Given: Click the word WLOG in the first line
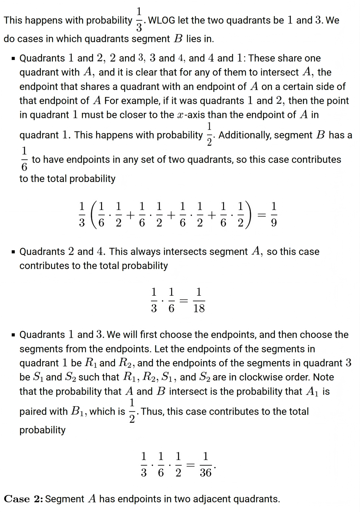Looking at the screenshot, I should [162, 20].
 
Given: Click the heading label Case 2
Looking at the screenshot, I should [23, 499].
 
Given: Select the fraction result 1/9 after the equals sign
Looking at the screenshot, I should [274, 214].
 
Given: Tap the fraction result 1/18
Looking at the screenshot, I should [199, 300].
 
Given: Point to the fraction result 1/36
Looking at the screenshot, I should [206, 464].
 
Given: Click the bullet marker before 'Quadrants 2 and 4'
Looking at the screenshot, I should [13, 252].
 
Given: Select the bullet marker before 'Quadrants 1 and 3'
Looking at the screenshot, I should [13, 335].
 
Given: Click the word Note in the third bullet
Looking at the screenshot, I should [323, 377].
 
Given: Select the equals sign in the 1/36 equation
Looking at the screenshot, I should [190, 464].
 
